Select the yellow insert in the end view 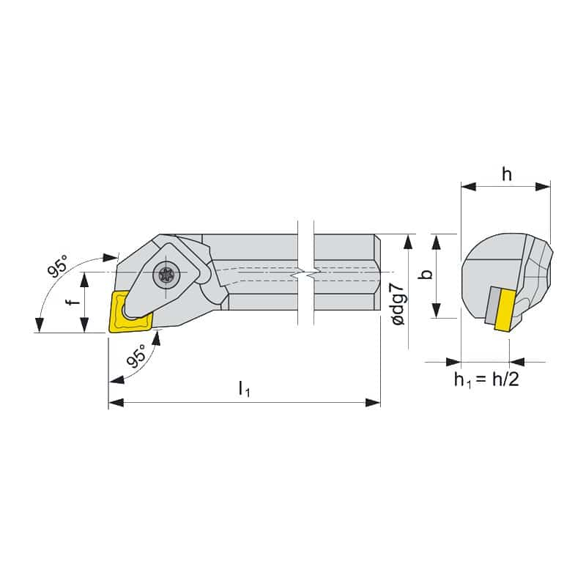[505, 310]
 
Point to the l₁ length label [244, 389]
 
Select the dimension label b [426, 273]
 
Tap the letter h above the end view [506, 174]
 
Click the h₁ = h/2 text [486, 379]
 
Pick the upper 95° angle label [59, 266]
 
